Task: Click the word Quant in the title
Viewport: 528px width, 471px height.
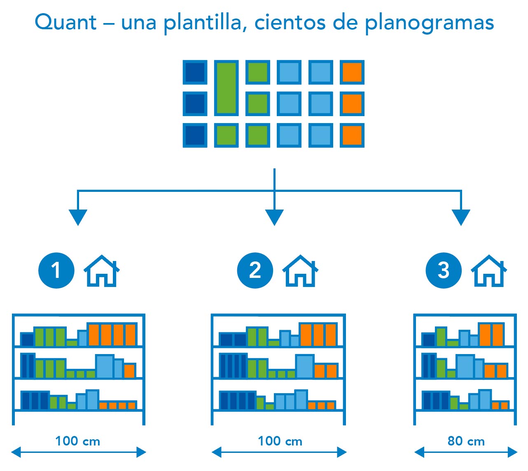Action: [65, 22]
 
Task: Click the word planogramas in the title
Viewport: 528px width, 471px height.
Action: [429, 23]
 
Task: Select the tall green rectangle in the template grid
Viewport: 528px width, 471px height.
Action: [226, 88]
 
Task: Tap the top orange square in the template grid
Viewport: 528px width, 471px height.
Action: [352, 72]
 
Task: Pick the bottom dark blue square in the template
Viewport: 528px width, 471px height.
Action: [195, 135]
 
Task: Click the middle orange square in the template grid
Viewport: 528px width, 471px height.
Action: [352, 104]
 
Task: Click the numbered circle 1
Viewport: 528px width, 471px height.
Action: [56, 270]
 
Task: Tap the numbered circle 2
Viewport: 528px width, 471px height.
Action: [255, 270]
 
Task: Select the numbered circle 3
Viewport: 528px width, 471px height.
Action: [444, 270]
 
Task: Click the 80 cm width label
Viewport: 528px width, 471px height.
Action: [466, 441]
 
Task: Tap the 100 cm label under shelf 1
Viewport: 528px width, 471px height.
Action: [78, 441]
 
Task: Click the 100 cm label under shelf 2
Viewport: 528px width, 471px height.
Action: [280, 441]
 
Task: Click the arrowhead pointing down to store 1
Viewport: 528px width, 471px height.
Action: [78, 217]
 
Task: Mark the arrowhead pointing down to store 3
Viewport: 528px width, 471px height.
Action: [461, 217]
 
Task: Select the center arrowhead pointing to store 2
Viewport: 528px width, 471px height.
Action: [274, 217]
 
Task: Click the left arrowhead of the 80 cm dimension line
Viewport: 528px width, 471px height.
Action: [419, 452]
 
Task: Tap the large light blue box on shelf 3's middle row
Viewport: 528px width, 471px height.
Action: [465, 366]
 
